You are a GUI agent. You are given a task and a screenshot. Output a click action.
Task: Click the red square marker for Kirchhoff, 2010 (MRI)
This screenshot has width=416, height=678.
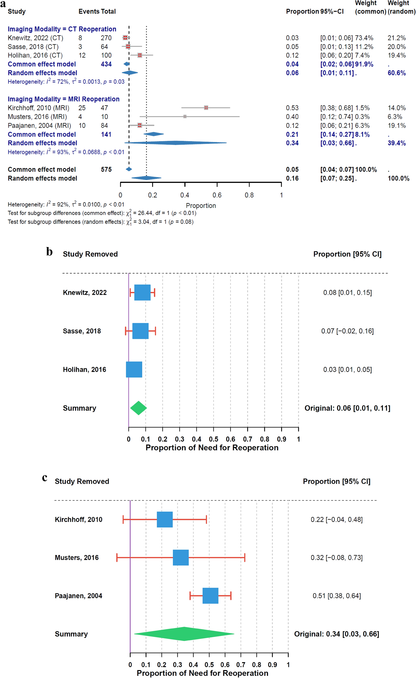(x=206, y=108)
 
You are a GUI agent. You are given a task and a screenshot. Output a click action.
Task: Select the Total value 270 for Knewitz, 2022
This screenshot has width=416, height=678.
(x=106, y=38)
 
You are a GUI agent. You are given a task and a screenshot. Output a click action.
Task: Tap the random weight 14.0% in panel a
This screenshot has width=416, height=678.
(x=396, y=108)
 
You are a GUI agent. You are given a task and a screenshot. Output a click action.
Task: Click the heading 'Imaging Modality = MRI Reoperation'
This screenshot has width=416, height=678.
(x=64, y=99)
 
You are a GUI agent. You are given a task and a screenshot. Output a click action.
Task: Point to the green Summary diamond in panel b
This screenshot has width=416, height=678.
(x=138, y=408)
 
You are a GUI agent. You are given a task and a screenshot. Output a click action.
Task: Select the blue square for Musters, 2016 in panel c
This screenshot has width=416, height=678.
(x=181, y=558)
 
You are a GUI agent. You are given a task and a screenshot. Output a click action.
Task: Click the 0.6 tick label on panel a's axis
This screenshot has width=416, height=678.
(x=217, y=195)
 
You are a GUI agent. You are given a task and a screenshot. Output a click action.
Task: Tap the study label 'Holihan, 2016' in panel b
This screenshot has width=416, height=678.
(x=85, y=369)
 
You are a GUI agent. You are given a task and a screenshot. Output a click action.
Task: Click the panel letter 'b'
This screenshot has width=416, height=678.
(x=49, y=252)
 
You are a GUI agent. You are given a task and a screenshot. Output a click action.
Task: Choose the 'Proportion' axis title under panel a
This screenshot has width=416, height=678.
(x=201, y=206)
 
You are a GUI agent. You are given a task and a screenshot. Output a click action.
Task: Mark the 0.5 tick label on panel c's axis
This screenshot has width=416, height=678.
(x=209, y=664)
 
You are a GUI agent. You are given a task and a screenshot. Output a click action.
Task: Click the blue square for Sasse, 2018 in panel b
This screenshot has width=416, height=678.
(x=140, y=331)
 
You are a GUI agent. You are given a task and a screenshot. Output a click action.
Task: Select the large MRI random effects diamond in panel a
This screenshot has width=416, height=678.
(x=175, y=143)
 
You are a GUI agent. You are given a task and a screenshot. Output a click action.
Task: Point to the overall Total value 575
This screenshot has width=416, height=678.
(x=106, y=169)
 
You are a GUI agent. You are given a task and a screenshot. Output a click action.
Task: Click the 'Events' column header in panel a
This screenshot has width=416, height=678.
(x=88, y=11)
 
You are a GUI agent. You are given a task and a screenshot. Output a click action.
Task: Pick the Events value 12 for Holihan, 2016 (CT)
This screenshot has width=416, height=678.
(x=82, y=55)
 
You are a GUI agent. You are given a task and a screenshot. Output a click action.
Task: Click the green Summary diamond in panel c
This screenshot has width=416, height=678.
(x=184, y=634)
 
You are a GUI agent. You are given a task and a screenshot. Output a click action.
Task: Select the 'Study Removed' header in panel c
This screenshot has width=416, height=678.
(x=82, y=481)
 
